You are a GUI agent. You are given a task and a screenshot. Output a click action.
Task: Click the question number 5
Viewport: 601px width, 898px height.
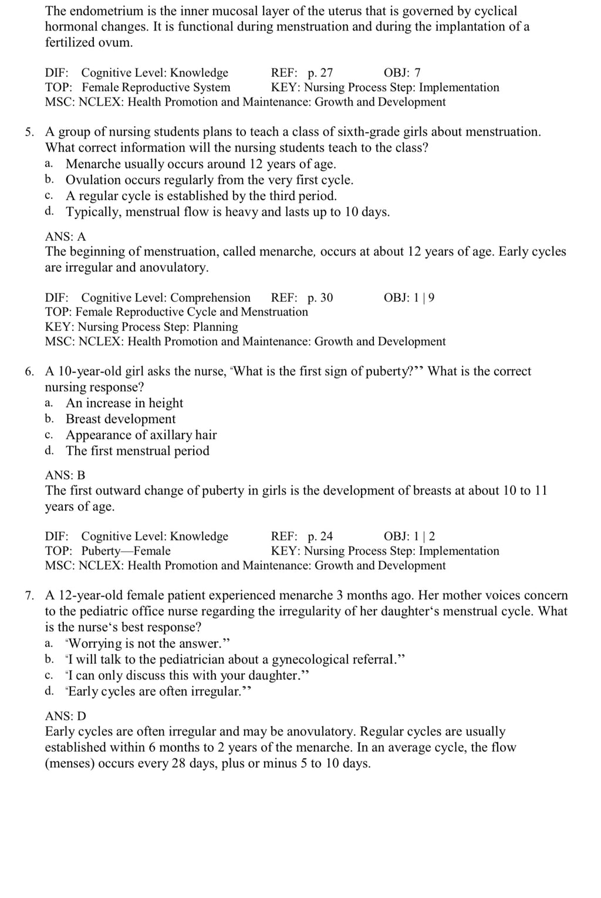coord(29,132)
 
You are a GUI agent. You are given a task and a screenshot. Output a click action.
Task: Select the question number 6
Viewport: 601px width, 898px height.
coord(29,372)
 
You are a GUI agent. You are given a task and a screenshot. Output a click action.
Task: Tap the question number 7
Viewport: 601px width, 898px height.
coord(29,596)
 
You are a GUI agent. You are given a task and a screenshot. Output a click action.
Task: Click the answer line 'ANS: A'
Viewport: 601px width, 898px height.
coord(65,237)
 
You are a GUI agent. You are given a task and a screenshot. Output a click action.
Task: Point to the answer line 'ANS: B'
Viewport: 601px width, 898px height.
coord(65,475)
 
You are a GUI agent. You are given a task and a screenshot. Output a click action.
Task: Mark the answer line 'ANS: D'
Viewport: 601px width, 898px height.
coord(65,716)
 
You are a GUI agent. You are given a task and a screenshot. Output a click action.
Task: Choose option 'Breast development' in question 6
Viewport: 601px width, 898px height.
coord(120,419)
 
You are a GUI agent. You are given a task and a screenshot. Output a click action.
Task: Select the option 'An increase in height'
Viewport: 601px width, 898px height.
coord(124,403)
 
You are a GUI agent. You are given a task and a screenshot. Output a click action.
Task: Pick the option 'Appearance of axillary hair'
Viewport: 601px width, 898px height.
coord(141,435)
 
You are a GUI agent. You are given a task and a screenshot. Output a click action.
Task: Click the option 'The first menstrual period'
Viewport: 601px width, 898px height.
coord(137,451)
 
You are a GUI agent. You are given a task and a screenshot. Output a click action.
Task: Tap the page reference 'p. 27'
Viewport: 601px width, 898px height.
coord(320,73)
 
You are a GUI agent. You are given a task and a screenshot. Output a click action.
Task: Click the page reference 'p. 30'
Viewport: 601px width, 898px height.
coord(320,298)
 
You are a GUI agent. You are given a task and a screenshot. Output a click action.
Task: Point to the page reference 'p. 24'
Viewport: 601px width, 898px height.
coord(320,536)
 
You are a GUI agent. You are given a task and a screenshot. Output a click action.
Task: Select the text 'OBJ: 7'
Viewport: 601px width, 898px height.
coord(402,73)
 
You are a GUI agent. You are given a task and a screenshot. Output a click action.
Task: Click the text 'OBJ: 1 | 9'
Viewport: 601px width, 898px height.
coord(409,298)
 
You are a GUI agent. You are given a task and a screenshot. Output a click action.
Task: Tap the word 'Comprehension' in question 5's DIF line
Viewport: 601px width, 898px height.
coord(210,298)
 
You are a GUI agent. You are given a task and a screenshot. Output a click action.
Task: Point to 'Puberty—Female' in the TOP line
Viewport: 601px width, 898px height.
coord(126,551)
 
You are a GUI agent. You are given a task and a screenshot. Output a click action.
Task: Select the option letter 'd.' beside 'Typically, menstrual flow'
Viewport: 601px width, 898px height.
coord(49,211)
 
